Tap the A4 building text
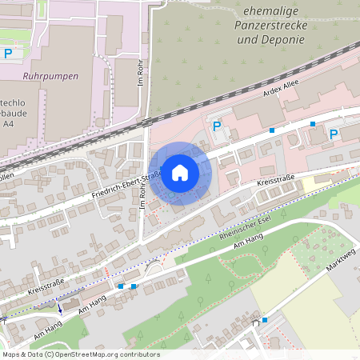click(7, 126)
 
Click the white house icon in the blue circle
click(180, 173)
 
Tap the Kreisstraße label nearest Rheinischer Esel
click(276, 183)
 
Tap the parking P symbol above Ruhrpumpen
click(8, 54)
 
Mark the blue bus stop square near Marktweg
click(264, 319)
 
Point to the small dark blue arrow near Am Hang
click(58, 308)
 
